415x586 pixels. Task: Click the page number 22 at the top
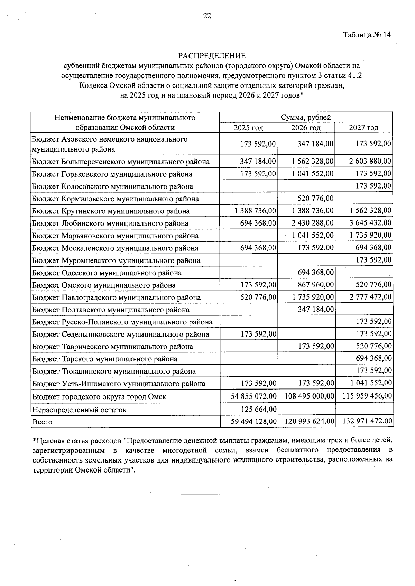(x=207, y=16)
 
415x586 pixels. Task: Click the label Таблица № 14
(x=367, y=35)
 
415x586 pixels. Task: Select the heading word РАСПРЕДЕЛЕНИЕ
(x=212, y=56)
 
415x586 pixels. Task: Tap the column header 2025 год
(x=248, y=128)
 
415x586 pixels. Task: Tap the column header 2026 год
(x=306, y=128)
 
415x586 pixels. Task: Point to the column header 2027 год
(x=363, y=128)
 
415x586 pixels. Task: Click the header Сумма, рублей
(x=306, y=118)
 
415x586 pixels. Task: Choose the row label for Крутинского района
(x=111, y=211)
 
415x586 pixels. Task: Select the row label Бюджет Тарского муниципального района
(x=104, y=359)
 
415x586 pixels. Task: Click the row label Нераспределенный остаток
(x=79, y=410)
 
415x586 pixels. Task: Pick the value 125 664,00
(x=259, y=410)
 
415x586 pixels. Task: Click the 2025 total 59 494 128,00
(x=253, y=422)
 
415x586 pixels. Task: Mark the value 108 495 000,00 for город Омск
(x=309, y=396)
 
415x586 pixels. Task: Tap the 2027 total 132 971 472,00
(x=367, y=422)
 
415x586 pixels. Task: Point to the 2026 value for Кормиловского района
(x=316, y=199)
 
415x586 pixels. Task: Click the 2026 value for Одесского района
(x=316, y=273)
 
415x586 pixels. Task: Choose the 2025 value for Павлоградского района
(x=258, y=297)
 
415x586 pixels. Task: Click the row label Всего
(x=42, y=422)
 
